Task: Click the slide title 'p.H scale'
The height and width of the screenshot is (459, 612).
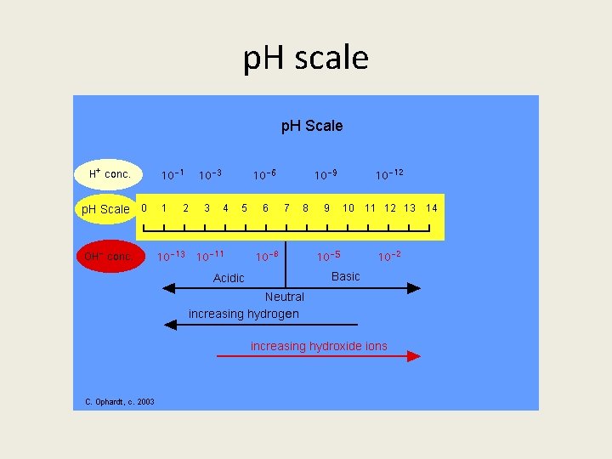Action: tap(306, 59)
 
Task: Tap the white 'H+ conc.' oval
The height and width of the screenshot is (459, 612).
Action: tap(109, 174)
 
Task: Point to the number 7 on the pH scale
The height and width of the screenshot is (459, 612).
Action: tap(286, 208)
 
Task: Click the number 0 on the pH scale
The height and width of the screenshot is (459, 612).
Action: tap(144, 207)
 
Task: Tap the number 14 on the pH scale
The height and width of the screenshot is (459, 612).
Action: tap(432, 208)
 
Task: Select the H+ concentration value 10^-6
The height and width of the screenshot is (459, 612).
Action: tap(264, 175)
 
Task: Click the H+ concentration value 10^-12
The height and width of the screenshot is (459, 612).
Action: tap(389, 174)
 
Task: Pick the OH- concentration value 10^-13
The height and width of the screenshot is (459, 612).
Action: tap(172, 256)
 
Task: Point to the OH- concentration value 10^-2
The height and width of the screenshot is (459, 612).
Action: tap(389, 256)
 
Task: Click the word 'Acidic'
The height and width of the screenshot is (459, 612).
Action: tap(229, 278)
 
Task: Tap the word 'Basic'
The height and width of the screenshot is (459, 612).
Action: tap(345, 276)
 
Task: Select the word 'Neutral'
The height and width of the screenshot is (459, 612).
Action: tap(284, 297)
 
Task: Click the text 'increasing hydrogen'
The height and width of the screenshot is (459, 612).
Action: tap(244, 314)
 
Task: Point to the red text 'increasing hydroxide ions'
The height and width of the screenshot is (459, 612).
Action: tap(319, 346)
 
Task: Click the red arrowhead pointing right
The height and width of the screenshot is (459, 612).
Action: tap(414, 357)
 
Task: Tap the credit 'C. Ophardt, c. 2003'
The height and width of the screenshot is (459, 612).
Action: tap(120, 402)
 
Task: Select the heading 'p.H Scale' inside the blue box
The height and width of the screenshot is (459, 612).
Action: tap(312, 126)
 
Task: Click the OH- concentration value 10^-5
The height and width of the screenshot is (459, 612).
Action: tap(329, 256)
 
